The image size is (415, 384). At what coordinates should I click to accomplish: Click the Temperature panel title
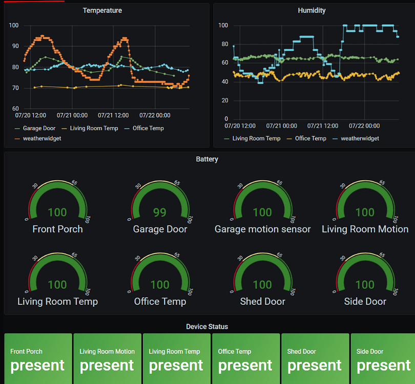[102, 10]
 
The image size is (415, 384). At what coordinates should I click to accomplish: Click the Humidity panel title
[312, 10]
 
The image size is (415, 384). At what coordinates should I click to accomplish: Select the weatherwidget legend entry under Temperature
[42, 138]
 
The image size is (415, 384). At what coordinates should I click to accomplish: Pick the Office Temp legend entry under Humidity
[310, 138]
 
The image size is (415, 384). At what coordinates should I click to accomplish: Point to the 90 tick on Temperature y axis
[14, 46]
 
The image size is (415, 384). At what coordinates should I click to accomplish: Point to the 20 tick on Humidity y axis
[224, 100]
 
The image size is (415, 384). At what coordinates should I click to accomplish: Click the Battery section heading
[207, 159]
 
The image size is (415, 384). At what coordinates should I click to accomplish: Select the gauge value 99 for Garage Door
[160, 212]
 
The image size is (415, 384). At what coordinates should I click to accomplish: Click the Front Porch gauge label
[57, 229]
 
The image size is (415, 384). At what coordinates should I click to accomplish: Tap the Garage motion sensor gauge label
[262, 229]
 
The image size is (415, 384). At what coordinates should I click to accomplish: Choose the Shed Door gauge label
[262, 302]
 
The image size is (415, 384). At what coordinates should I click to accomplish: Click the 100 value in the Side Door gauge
[365, 285]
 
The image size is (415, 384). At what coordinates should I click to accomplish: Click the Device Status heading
[207, 326]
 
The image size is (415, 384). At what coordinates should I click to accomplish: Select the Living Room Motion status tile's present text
[107, 365]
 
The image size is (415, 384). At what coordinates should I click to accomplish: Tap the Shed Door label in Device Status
[301, 352]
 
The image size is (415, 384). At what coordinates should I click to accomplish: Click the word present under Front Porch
[38, 365]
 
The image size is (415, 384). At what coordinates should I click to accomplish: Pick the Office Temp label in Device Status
[235, 352]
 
